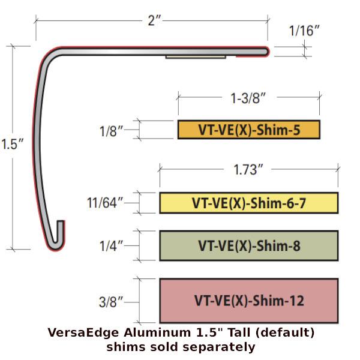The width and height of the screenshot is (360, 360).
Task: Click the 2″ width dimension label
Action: (x=154, y=20)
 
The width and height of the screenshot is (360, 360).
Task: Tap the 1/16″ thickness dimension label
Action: (x=304, y=31)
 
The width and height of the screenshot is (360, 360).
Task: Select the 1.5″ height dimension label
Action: (x=12, y=144)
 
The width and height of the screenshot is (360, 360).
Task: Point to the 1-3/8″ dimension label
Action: (x=248, y=98)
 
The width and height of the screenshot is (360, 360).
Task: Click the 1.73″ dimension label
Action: (x=248, y=170)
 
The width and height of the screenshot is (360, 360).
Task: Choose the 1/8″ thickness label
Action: (x=112, y=131)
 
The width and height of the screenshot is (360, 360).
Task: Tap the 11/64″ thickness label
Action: (x=105, y=203)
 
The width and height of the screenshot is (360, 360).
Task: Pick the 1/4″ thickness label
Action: (x=112, y=246)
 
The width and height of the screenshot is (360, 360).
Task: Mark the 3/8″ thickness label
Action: (x=111, y=302)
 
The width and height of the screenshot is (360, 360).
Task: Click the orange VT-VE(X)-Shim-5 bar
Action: (x=249, y=130)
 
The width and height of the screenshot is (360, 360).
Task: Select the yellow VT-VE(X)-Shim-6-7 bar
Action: (x=249, y=203)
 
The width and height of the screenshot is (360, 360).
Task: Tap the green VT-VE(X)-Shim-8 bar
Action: (x=249, y=245)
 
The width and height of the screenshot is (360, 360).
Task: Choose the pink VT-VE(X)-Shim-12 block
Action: (x=249, y=301)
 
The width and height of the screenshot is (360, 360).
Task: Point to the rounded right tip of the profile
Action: (x=268, y=52)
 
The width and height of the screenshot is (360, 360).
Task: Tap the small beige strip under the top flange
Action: (x=196, y=57)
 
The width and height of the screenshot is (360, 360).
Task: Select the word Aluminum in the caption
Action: (x=157, y=332)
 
